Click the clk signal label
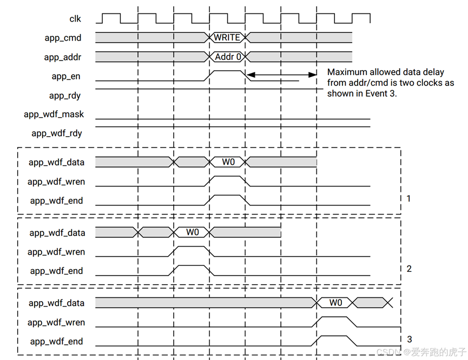[x=75, y=19]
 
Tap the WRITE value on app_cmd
[x=227, y=37]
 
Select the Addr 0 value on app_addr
[x=228, y=56]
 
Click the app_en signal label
[x=66, y=76]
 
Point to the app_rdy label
[x=65, y=96]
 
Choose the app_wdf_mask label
[x=54, y=115]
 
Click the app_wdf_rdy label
[x=57, y=134]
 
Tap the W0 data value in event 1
[x=228, y=162]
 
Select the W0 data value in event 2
[x=193, y=232]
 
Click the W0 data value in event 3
[x=335, y=303]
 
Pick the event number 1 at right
[x=408, y=198]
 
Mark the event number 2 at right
[x=409, y=269]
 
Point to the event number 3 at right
[x=409, y=339]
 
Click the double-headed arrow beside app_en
[x=282, y=75]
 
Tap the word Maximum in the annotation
[x=347, y=72]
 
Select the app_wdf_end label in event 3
[x=56, y=342]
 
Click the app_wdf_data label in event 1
[x=57, y=162]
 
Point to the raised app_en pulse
[x=228, y=71]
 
